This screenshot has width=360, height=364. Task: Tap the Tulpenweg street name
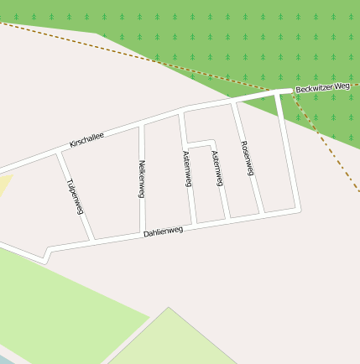pyautogui.click(x=75, y=196)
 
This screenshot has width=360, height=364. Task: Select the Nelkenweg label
pyautogui.click(x=142, y=178)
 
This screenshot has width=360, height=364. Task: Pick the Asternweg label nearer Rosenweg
pyautogui.click(x=217, y=169)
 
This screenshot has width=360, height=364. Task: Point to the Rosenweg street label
pyautogui.click(x=247, y=158)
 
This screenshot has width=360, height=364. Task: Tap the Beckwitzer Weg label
pyautogui.click(x=322, y=87)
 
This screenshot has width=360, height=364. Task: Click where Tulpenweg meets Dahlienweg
pyautogui.click(x=93, y=241)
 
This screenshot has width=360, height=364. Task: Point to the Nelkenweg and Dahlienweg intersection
pyautogui.click(x=139, y=234)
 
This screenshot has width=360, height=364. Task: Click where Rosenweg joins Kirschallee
pyautogui.click(x=234, y=101)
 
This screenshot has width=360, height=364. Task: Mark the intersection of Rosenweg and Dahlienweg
pyautogui.click(x=263, y=214)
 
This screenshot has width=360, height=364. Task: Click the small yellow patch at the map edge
pyautogui.click(x=5, y=186)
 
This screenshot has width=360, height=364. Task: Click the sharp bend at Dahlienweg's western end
pyautogui.click(x=49, y=249)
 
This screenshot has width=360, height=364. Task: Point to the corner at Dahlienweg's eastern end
pyautogui.click(x=297, y=209)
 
